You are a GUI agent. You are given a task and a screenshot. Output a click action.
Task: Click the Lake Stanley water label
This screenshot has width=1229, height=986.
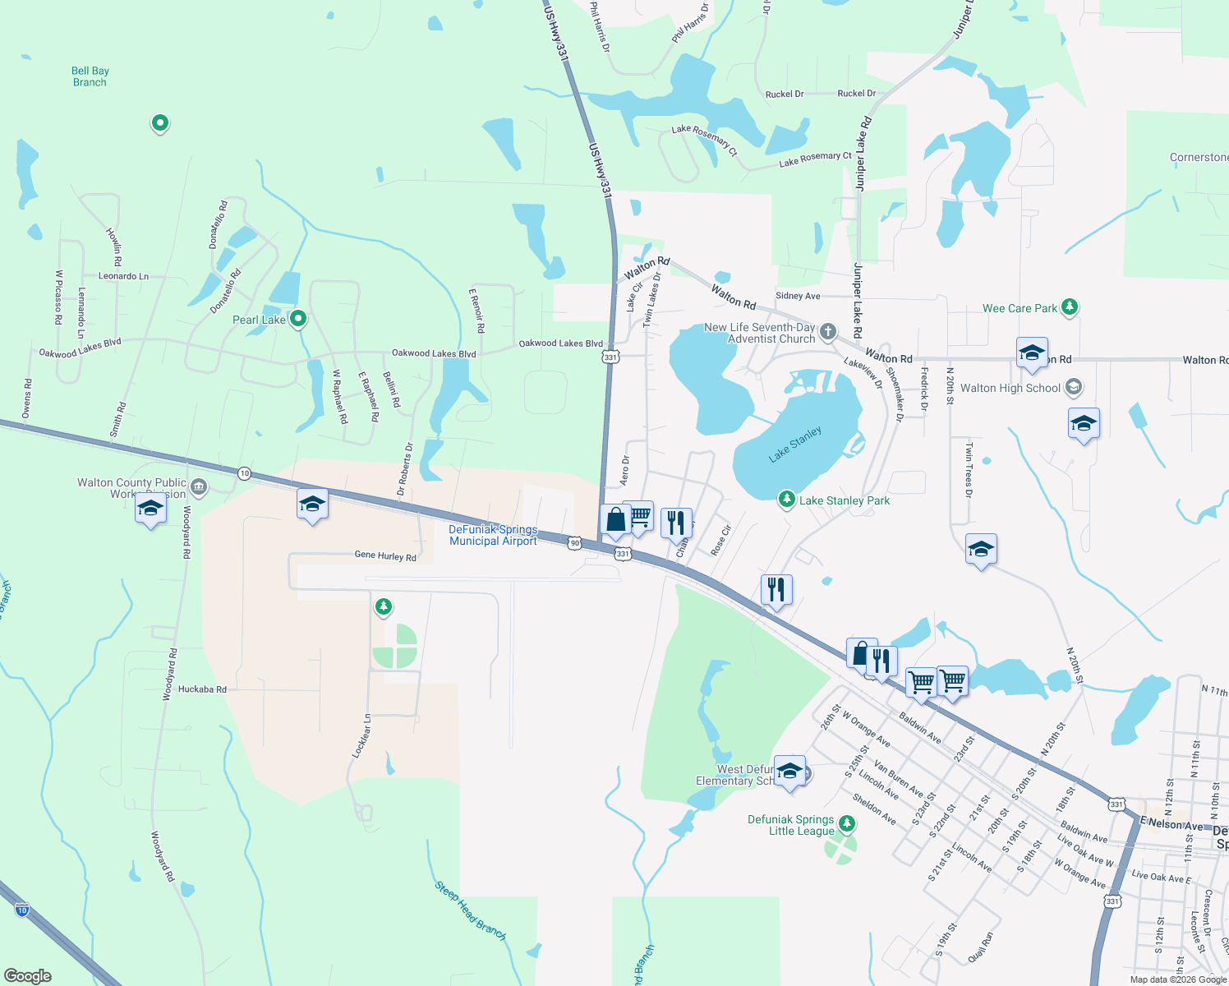pos(795,445)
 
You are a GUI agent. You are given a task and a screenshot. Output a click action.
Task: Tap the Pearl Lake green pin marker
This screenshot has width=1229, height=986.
pos(299,318)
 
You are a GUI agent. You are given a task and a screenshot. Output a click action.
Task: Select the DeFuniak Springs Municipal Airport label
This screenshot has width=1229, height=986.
pos(493,536)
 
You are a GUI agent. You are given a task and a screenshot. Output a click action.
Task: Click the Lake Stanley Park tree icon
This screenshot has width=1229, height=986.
pos(787,500)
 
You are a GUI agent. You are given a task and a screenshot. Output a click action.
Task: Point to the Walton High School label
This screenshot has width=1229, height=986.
pos(1010,388)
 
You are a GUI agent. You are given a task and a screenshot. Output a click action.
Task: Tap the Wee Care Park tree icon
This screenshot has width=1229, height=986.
pos(1069,307)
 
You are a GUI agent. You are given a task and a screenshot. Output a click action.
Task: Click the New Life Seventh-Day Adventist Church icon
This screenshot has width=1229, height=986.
pos(828,332)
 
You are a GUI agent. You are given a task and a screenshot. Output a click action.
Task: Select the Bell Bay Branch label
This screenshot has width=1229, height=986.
pos(90,76)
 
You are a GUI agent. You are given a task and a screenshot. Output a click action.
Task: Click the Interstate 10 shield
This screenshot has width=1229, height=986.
pos(22,910)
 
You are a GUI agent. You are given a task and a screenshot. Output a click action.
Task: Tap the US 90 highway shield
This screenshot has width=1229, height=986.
pos(575,543)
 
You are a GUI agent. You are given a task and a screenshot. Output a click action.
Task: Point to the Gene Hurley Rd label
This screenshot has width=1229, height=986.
pos(385,555)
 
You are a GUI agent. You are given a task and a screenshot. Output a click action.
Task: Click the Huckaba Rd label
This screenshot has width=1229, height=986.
pos(202,689)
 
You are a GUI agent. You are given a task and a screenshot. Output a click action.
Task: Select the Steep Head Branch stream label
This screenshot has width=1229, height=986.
pos(470,910)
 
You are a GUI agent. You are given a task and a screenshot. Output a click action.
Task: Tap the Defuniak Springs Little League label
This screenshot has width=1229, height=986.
pos(790,825)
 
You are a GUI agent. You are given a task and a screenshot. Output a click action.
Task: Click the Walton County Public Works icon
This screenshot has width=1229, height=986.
pos(198,488)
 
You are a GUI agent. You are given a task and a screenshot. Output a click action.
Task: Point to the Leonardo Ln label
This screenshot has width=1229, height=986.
pos(123,276)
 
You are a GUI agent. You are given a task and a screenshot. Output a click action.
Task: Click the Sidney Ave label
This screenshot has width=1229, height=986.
pos(798,296)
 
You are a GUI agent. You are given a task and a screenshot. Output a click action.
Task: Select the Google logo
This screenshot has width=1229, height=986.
pos(28,976)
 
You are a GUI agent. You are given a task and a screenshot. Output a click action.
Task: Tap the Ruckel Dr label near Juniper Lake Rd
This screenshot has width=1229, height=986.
pos(856,94)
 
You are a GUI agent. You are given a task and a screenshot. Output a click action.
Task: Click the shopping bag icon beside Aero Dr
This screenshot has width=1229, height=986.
pos(615,520)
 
